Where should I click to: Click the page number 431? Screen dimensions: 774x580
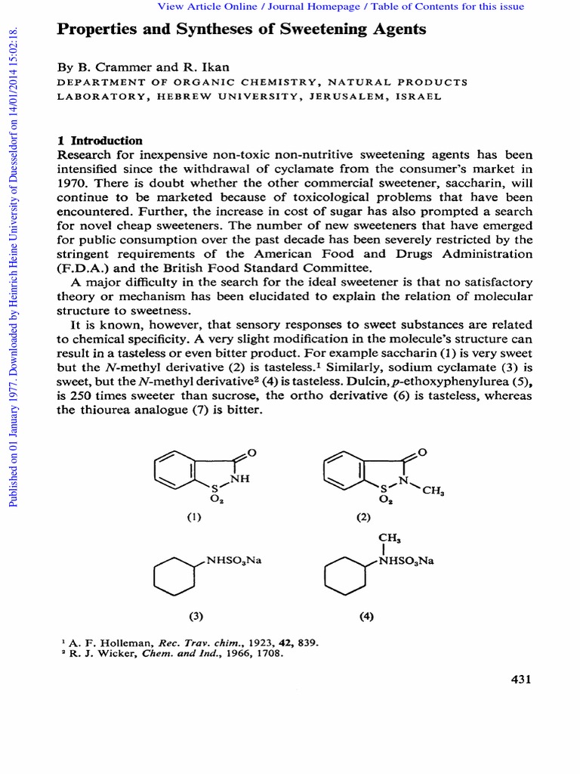(x=521, y=680)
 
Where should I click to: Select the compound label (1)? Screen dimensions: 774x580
(x=194, y=518)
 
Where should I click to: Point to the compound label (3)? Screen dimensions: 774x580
(x=197, y=616)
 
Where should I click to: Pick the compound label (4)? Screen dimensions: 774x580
(x=366, y=616)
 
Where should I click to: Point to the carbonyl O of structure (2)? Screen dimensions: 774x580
(x=422, y=452)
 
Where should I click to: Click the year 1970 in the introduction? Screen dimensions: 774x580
(x=73, y=183)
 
